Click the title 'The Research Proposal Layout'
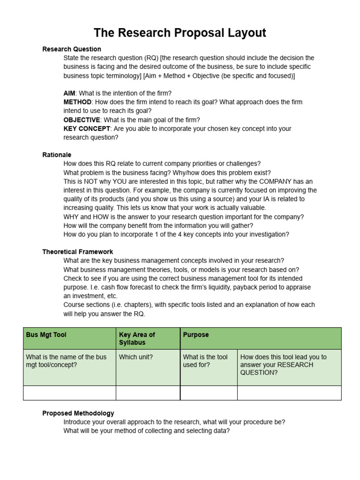(180, 33)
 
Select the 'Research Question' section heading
(71, 49)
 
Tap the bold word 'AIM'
(69, 93)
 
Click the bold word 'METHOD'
(77, 102)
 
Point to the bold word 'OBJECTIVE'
(82, 120)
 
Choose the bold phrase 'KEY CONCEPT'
(87, 128)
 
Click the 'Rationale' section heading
(57, 155)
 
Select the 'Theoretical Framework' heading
(77, 252)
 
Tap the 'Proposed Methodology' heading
(78, 413)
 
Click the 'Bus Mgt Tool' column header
(46, 335)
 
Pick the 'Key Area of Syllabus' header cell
(137, 338)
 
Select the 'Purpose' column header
(196, 335)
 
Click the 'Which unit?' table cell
(136, 357)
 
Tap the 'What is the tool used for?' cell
(205, 360)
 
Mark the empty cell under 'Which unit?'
(148, 393)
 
